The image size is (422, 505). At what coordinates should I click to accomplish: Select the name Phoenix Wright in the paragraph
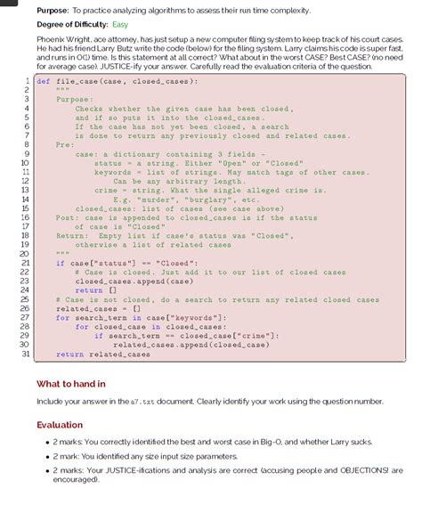[x=63, y=40]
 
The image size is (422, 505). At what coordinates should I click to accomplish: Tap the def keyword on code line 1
[x=44, y=81]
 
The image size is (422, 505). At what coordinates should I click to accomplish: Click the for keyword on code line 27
[x=62, y=318]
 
